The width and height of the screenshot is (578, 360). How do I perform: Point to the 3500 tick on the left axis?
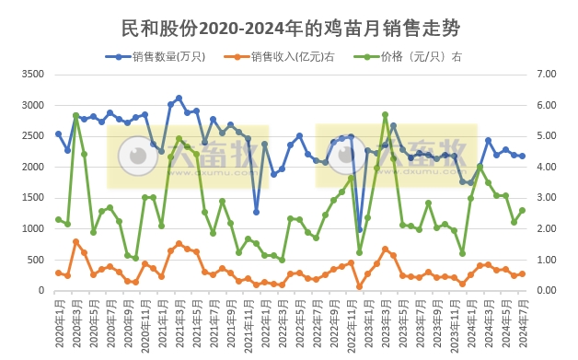click(x=32, y=74)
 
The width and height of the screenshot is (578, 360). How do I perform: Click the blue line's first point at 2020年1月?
click(x=58, y=134)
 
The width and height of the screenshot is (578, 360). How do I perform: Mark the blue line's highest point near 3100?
click(x=179, y=98)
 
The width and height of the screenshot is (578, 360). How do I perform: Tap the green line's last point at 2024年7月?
click(x=522, y=210)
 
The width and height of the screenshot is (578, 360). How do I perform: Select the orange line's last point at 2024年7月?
click(x=522, y=273)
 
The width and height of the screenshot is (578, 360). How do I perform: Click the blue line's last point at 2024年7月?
click(x=522, y=156)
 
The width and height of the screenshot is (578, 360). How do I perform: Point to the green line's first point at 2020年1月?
click(x=58, y=219)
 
